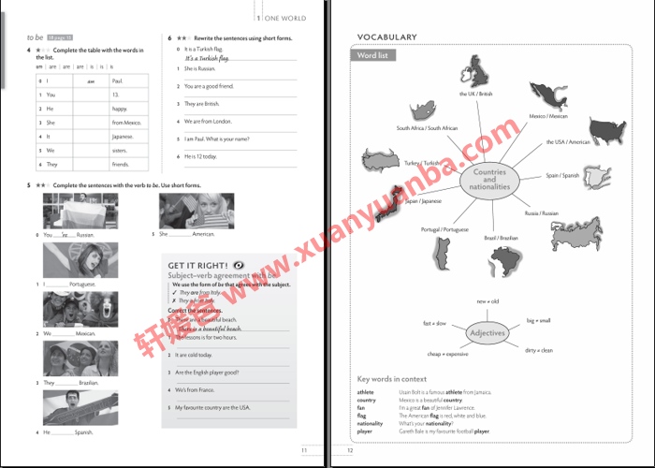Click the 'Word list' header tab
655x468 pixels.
coord(376,55)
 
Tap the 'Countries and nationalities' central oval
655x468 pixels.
coord(489,179)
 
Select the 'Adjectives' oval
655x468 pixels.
coord(487,333)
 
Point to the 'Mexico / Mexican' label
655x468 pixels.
coord(548,116)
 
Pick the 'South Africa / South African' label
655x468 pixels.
coord(427,128)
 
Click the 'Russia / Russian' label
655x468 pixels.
coord(542,212)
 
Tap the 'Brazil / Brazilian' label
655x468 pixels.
coord(501,238)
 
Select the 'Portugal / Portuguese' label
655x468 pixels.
coord(444,229)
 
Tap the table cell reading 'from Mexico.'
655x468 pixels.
coord(125,123)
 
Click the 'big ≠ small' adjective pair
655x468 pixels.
coord(538,320)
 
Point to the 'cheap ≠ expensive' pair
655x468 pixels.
coord(447,354)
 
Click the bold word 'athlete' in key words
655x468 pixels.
coord(365,391)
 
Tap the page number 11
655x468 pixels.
coord(303,450)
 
